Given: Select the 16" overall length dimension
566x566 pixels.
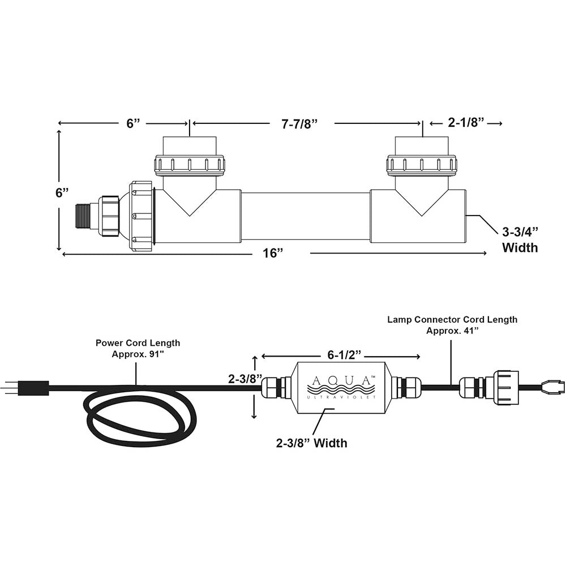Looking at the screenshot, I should coord(273,253).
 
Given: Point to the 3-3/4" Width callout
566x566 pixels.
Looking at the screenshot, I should coord(520,239).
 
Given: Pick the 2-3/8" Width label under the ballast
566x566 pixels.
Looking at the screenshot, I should coord(311,443).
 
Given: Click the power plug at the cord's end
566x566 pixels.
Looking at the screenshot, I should coord(28,388).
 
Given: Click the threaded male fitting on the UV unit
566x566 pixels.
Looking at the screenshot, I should coord(83,216).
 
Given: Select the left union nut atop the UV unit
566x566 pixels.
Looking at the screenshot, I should coord(189,164).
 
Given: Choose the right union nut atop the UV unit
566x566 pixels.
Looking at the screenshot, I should coord(422,164).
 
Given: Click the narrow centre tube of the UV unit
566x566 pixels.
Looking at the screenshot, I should coord(305,216).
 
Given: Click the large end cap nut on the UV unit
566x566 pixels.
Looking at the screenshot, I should coord(141,216).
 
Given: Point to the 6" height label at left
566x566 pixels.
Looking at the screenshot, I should coord(62,192).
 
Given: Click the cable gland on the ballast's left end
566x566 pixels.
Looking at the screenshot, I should coord(275,388).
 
